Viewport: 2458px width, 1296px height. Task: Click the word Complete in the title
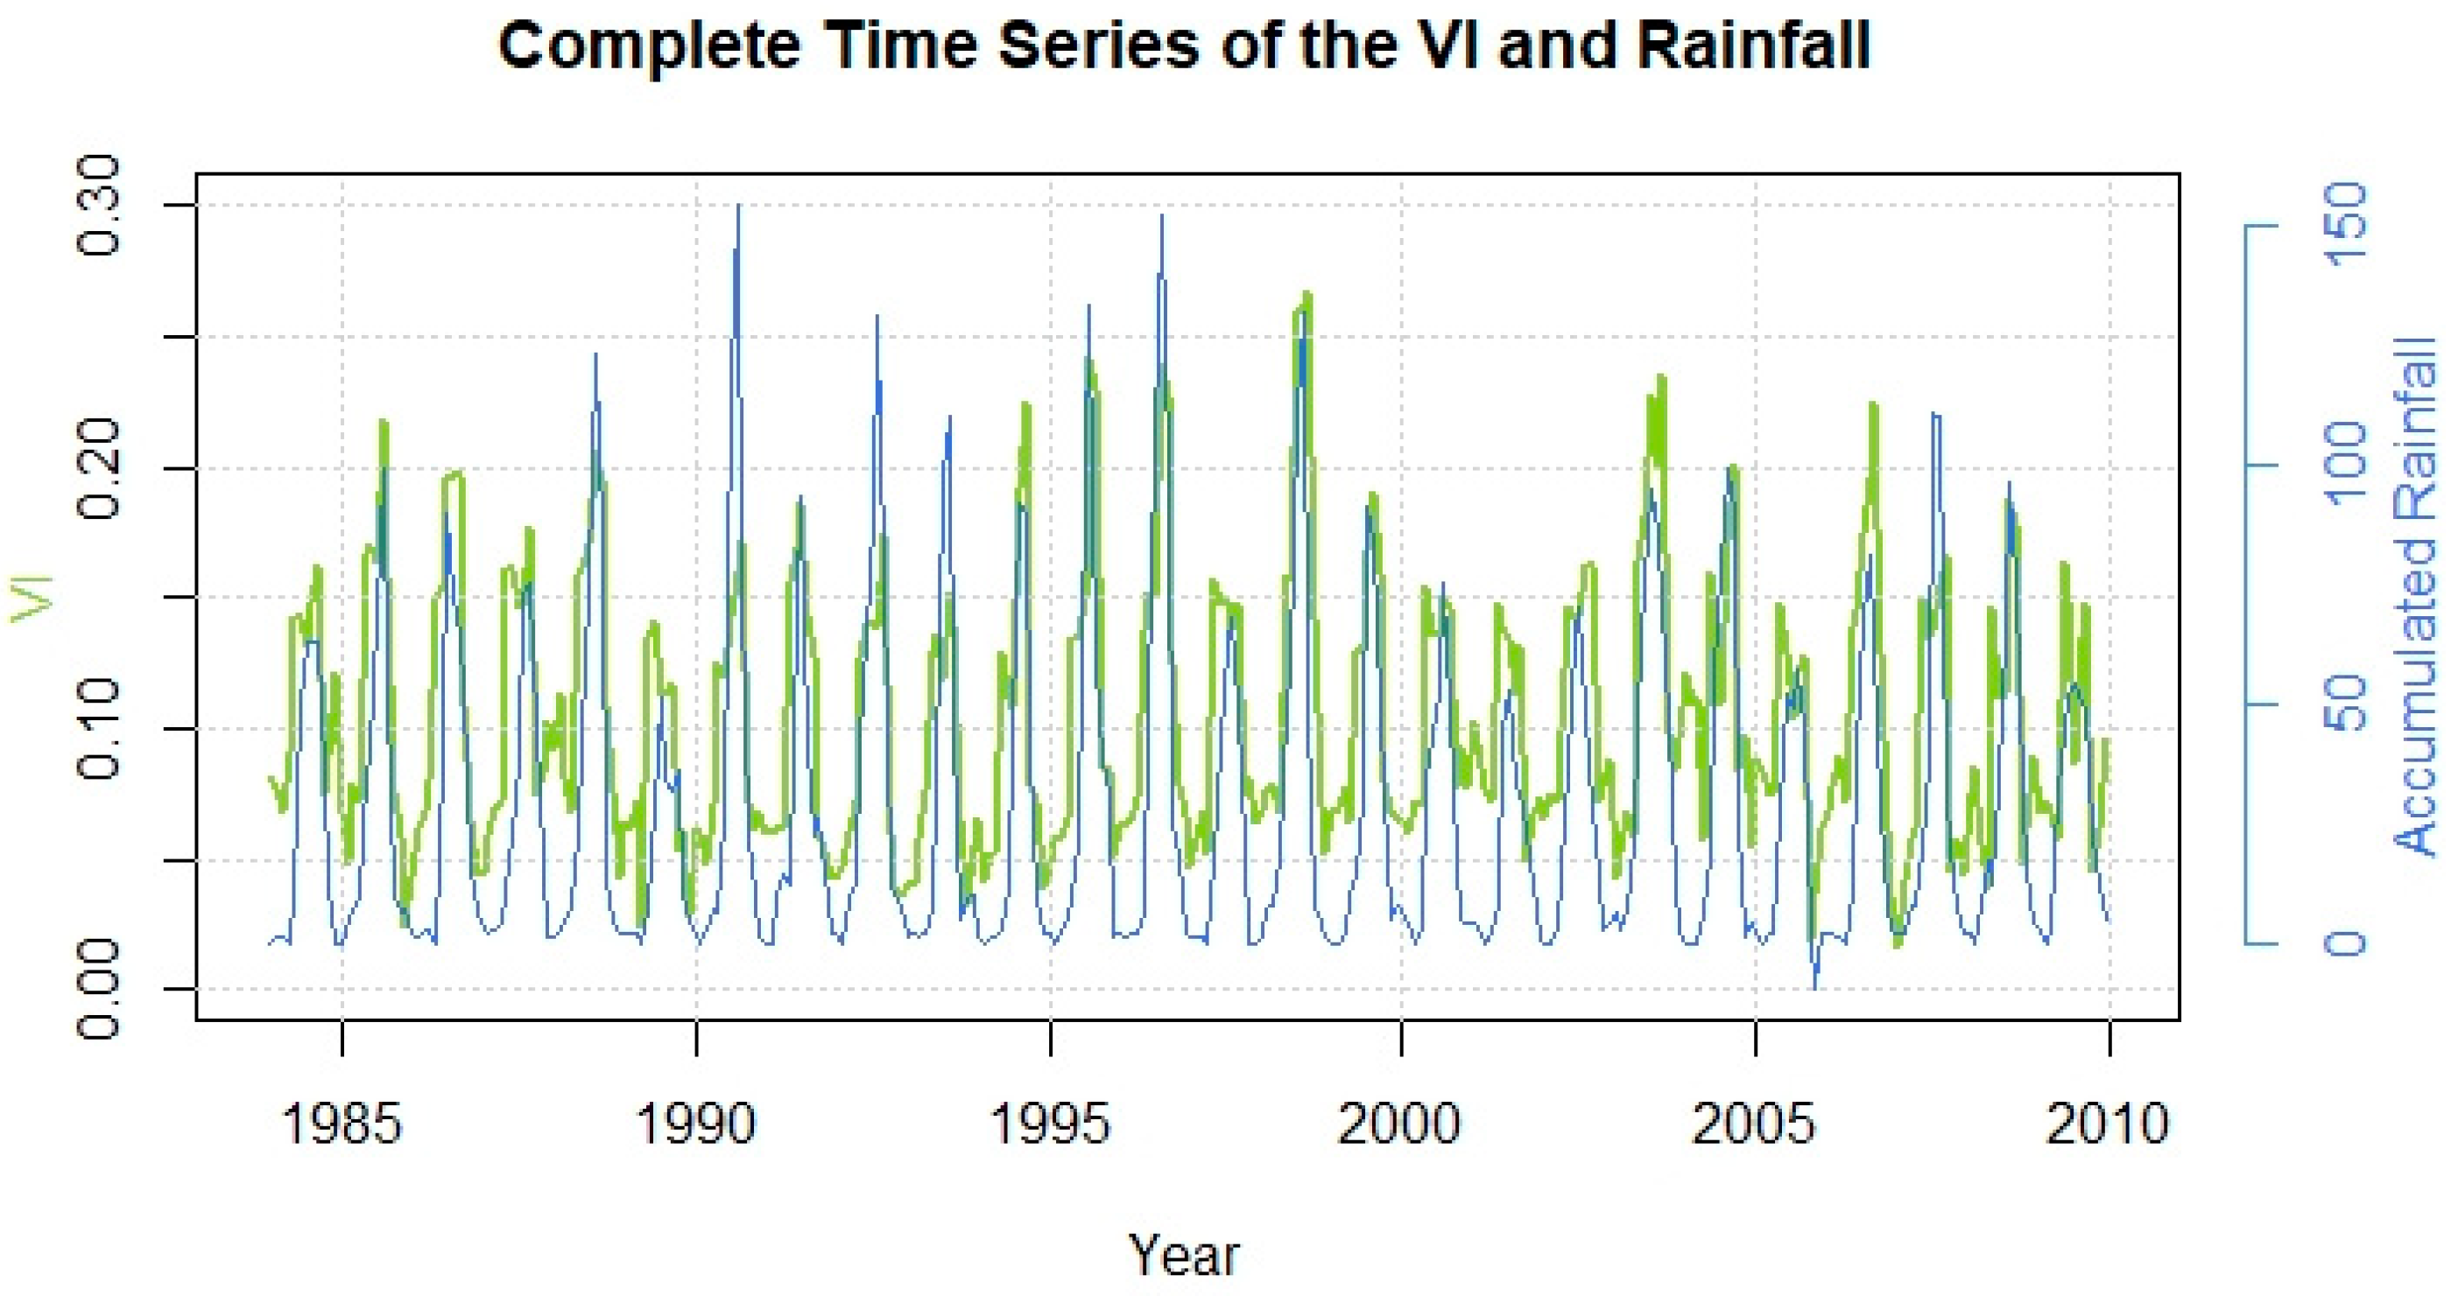[649, 45]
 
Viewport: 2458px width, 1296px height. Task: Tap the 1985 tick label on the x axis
[342, 1124]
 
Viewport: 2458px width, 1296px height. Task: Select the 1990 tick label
[695, 1124]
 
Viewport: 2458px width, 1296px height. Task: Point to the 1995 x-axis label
[1051, 1124]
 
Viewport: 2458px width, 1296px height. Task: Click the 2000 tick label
[1400, 1124]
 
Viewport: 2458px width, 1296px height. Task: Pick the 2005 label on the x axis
[1754, 1124]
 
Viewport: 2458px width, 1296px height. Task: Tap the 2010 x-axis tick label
[2108, 1124]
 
